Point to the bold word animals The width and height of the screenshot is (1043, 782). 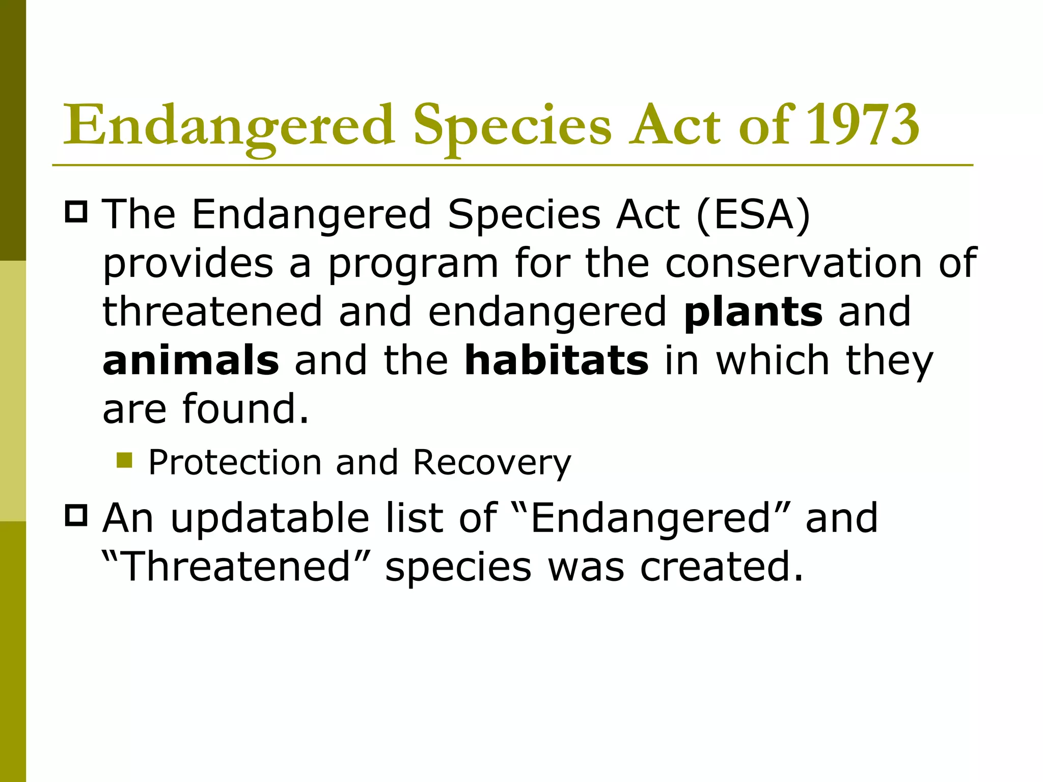tap(190, 360)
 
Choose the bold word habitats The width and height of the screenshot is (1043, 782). tap(557, 360)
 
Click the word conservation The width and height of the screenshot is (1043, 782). tap(793, 264)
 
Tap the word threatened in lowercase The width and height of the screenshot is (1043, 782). tap(212, 312)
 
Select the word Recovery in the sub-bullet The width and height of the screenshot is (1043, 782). tap(492, 463)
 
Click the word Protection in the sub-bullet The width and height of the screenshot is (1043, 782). tap(235, 462)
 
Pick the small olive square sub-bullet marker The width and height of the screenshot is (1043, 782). tap(124, 460)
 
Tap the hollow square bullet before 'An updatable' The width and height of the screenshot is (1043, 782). tap(76, 515)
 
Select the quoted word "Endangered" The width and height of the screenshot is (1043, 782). tap(650, 518)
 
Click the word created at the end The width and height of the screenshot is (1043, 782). tap(721, 567)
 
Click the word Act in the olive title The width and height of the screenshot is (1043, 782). tap(675, 125)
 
